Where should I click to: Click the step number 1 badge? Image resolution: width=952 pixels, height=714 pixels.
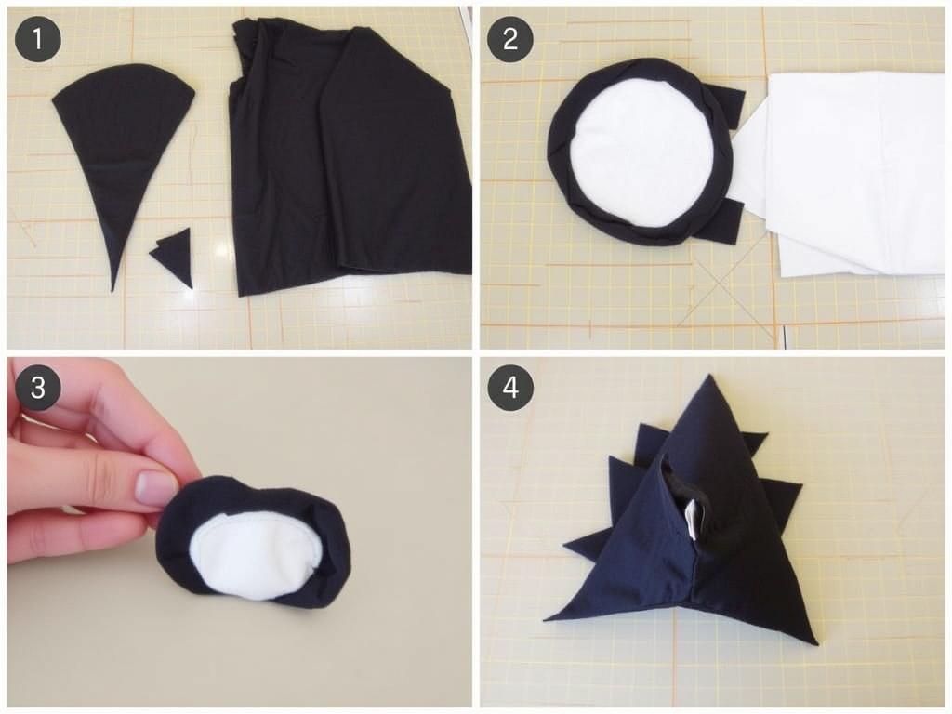click(37, 39)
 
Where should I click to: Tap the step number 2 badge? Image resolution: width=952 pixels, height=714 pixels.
click(510, 39)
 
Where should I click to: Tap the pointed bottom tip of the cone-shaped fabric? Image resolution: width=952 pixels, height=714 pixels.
click(112, 291)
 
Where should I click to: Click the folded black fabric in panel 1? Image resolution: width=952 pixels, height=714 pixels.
click(350, 158)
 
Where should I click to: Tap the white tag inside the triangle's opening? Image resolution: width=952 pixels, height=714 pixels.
click(692, 519)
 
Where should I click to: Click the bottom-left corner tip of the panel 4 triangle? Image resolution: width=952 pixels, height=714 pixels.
click(546, 619)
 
